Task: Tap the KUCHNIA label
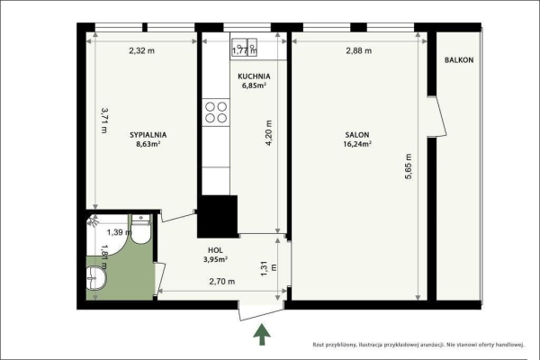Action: tap(254, 77)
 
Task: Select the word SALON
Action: tap(355, 134)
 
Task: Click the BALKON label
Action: tap(459, 60)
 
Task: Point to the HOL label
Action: tap(214, 250)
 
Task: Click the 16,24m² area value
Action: tap(356, 143)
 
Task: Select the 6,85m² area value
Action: tap(254, 86)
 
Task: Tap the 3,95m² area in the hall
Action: tap(214, 259)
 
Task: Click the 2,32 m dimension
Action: tap(141, 50)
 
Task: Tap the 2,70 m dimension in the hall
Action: tap(221, 282)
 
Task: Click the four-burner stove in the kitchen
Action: tap(216, 112)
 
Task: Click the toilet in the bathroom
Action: tap(139, 231)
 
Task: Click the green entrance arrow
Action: tap(262, 335)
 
